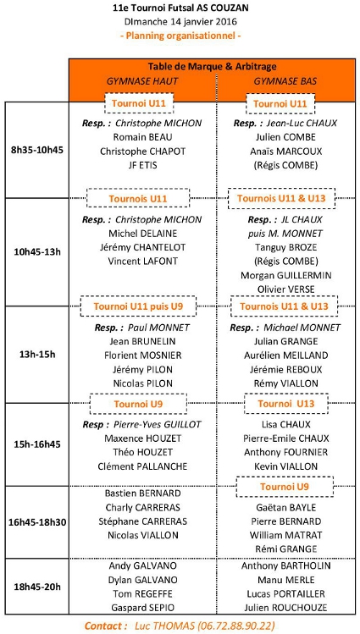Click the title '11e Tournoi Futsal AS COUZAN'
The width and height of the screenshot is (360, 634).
point(180,8)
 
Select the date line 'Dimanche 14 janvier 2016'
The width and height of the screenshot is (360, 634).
point(180,21)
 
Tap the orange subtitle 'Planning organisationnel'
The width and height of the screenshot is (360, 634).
point(180,36)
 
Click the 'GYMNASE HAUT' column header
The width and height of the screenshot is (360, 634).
point(142,81)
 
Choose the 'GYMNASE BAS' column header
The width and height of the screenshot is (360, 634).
point(285,81)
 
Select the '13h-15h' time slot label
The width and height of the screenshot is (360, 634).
point(37,355)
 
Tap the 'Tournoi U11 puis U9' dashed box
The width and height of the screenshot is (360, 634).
point(138,306)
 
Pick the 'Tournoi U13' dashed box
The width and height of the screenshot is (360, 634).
point(285,404)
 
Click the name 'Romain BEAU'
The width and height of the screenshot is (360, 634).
point(137,137)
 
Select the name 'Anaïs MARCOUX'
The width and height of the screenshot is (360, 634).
point(286,152)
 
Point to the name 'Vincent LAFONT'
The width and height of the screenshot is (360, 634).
point(143,262)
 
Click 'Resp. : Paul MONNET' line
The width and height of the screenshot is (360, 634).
point(142,327)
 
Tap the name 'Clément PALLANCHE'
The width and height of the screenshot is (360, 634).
point(143,466)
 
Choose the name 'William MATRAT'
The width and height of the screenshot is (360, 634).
point(286,535)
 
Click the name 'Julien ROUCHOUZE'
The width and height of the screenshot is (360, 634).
point(285,607)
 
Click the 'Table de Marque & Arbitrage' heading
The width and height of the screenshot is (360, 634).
point(212,66)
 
